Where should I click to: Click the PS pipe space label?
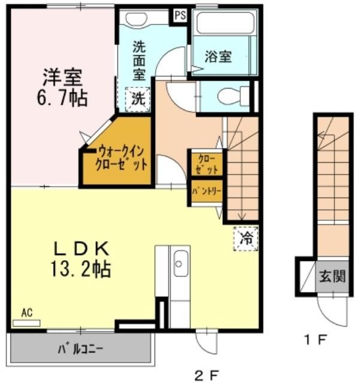click(180, 16)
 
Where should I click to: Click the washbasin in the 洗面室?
click(137, 19)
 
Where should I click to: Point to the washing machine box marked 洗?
click(138, 99)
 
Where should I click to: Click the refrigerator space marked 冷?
click(246, 238)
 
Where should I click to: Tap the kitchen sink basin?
click(181, 263)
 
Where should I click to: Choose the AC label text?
click(27, 312)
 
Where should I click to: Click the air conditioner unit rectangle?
click(26, 323)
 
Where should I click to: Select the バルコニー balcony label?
click(80, 349)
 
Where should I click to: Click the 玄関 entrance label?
click(332, 276)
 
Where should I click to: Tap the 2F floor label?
click(207, 375)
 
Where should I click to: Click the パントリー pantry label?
click(207, 191)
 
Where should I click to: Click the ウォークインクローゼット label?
click(122, 159)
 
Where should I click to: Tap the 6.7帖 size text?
click(62, 98)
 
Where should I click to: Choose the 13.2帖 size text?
click(81, 269)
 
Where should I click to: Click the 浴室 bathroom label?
click(218, 57)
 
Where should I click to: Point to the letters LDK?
click(81, 249)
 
